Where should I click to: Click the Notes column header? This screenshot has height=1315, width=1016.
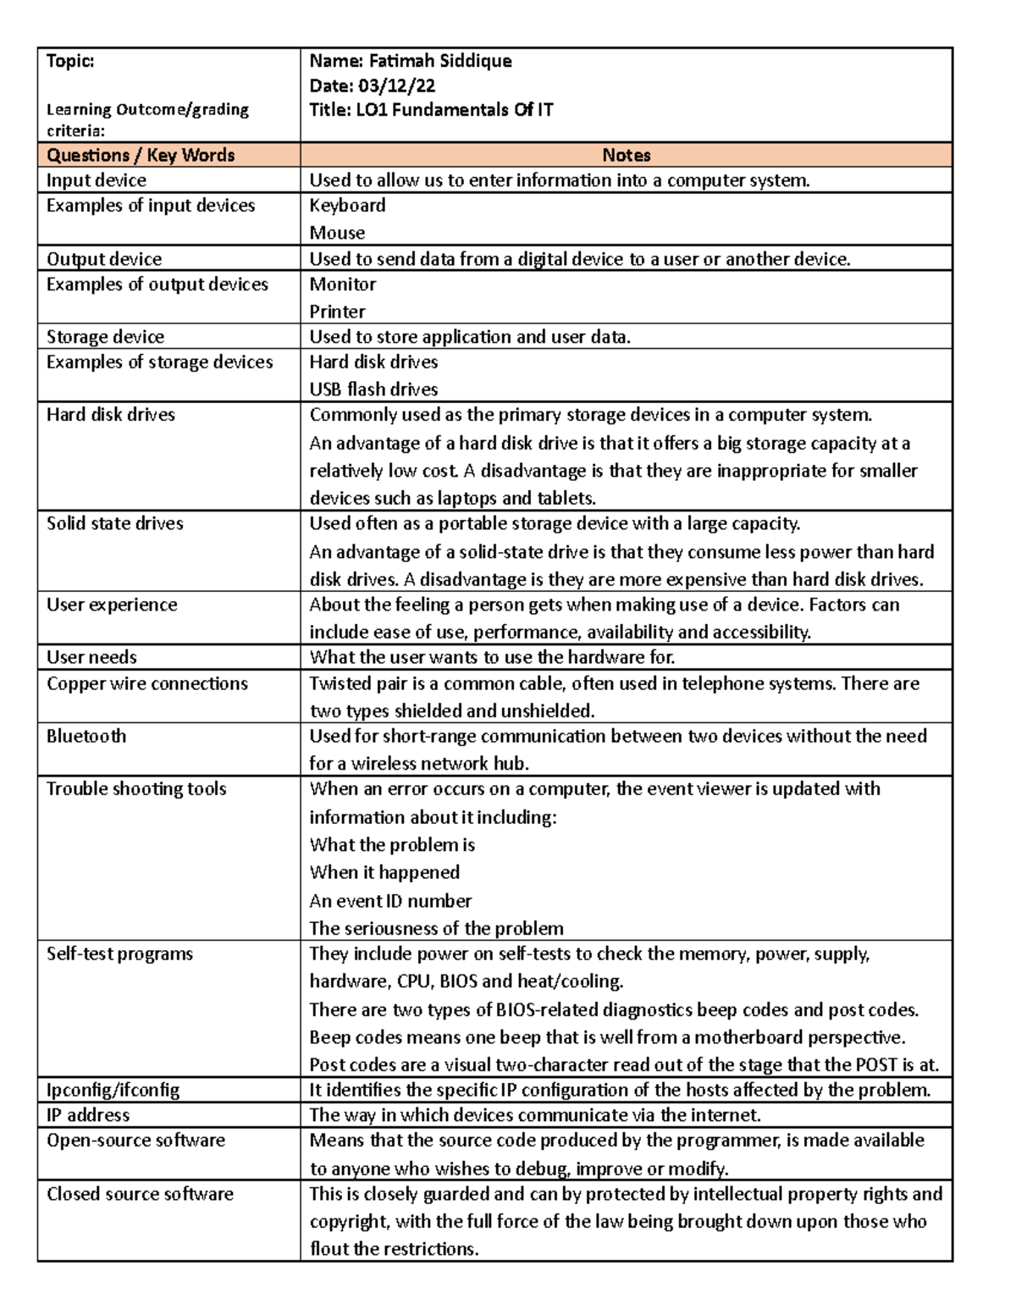626,155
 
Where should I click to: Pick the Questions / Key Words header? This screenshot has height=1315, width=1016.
141,155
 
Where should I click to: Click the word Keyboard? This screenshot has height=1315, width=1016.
347,206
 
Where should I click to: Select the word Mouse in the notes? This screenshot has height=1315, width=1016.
337,233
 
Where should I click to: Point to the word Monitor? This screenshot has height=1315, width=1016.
342,285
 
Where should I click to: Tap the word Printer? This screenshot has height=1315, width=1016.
337,312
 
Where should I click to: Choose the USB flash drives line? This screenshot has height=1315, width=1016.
373,390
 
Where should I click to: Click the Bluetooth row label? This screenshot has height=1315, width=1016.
86,737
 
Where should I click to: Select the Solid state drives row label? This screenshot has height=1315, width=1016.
114,523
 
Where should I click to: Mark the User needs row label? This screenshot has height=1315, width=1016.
91,657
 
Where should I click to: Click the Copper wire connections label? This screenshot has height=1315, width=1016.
147,683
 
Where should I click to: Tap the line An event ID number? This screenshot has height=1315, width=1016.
390,901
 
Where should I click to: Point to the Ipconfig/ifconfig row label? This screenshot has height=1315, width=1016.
113,1090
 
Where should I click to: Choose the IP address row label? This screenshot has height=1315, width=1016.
88,1115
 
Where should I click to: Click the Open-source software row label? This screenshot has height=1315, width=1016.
135,1141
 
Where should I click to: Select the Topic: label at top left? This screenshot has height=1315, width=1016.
70,61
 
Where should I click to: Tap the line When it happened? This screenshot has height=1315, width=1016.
384,873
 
